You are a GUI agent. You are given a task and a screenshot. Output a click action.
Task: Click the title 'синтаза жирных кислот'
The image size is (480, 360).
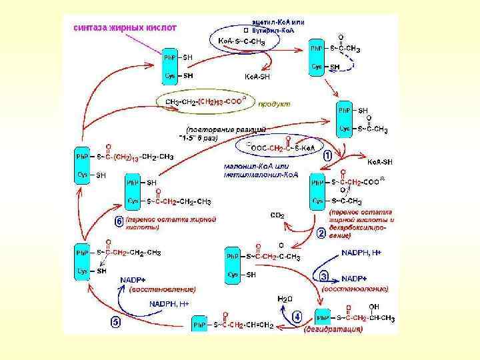tap(124, 28)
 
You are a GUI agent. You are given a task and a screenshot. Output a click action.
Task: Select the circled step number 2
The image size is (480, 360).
tap(321, 233)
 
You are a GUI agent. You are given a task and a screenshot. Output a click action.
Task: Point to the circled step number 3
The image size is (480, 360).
tap(324, 275)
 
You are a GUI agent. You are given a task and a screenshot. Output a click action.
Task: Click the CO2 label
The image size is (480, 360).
tap(277, 215)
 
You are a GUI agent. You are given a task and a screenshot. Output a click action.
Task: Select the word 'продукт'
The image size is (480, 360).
tap(274, 104)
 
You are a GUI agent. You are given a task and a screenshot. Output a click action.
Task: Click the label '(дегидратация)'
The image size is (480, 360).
tap(333, 329)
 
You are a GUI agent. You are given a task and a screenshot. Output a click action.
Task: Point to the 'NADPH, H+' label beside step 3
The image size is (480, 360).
tap(361, 253)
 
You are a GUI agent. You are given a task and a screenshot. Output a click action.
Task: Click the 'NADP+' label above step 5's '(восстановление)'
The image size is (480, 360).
tap(133, 279)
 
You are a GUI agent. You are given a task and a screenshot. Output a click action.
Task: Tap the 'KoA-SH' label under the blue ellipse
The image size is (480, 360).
tap(257, 77)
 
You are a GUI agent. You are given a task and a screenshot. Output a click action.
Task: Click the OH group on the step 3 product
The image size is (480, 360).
tap(374, 307)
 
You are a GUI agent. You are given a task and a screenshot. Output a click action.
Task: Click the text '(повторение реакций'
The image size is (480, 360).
tap(226, 128)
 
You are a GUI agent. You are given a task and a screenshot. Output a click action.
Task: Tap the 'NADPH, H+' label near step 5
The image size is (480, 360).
tap(169, 303)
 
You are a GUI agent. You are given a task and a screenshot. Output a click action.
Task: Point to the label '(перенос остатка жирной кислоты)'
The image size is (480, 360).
tap(171, 223)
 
